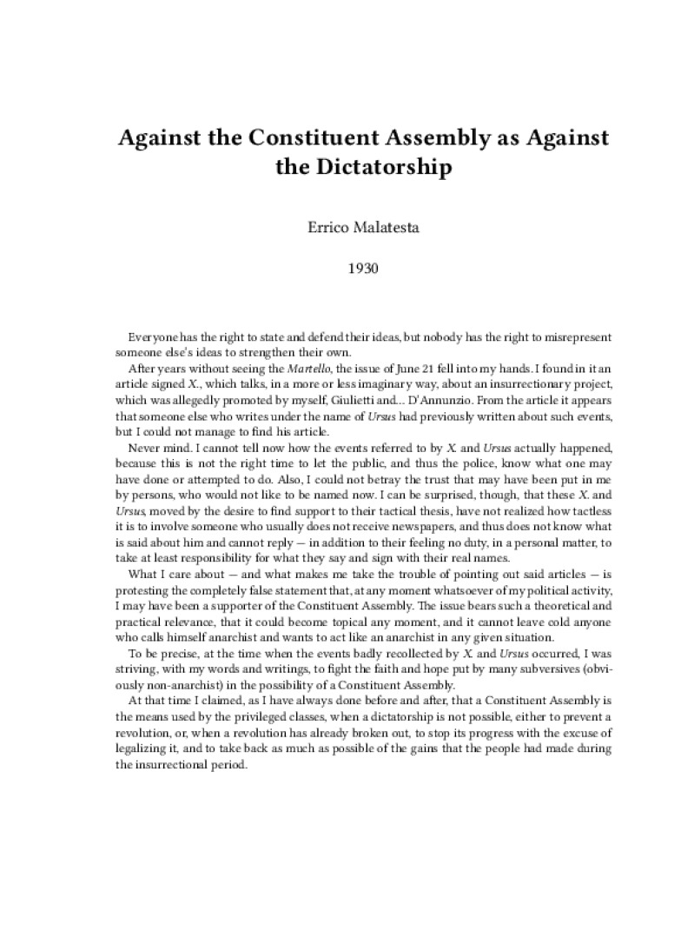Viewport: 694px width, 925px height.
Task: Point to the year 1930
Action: (347, 268)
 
